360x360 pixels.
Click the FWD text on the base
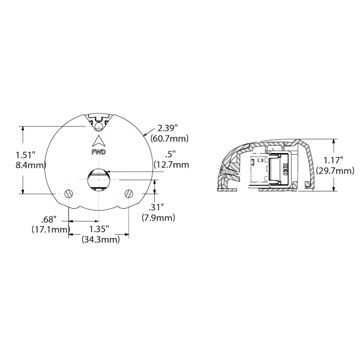click(98, 152)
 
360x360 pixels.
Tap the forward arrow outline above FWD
click(98, 140)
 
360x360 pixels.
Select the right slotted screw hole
click(129, 193)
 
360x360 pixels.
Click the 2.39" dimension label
click(168, 128)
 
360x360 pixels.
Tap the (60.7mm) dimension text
click(170, 139)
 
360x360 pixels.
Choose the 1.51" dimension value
click(26, 154)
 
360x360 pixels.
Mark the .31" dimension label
click(153, 207)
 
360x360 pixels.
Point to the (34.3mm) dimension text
click(101, 239)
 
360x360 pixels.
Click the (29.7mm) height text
click(334, 171)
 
